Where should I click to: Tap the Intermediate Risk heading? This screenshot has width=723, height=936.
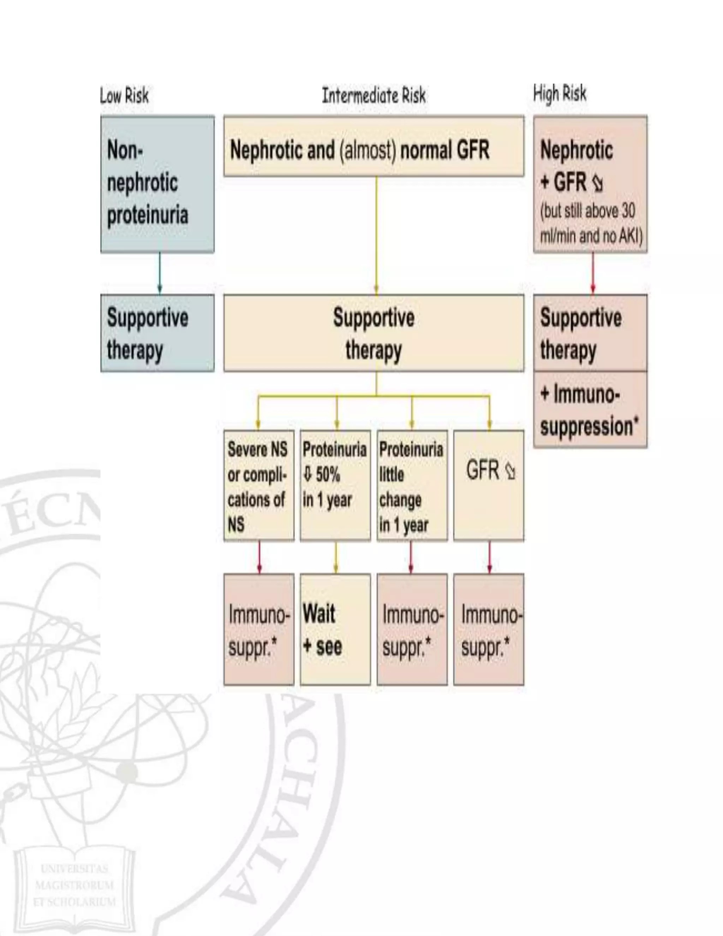click(x=374, y=95)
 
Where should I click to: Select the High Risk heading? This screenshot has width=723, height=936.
click(x=560, y=94)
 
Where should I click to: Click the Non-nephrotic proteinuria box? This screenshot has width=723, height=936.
click(x=157, y=183)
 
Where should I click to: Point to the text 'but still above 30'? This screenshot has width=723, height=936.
click(x=588, y=211)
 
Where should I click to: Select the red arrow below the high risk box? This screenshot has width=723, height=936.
click(x=593, y=273)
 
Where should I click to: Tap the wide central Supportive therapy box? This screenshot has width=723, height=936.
click(x=374, y=333)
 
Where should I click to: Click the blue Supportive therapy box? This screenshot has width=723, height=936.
click(x=157, y=333)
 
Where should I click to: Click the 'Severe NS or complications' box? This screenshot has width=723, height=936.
click(x=259, y=486)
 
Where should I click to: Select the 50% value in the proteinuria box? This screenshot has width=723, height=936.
click(x=328, y=474)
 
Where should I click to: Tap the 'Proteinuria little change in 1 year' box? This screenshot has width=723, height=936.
click(x=412, y=486)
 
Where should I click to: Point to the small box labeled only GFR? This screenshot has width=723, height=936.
click(x=488, y=486)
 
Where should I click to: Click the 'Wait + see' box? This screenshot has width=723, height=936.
click(x=335, y=629)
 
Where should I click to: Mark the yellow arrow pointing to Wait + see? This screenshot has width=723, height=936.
click(x=335, y=557)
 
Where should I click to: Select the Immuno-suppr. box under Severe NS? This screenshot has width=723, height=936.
click(x=259, y=629)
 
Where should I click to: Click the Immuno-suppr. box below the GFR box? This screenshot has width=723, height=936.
click(x=488, y=629)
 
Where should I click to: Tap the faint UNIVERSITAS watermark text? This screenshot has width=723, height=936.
click(x=74, y=869)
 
